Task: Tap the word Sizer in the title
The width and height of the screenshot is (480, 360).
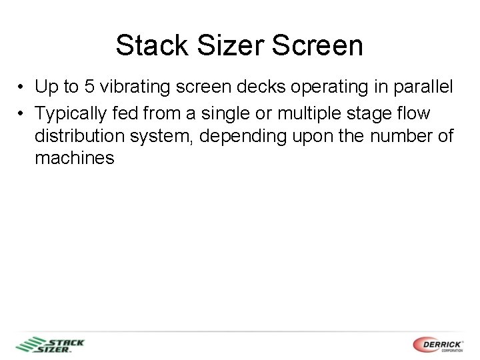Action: coord(224,46)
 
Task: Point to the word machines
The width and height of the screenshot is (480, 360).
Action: coord(75,159)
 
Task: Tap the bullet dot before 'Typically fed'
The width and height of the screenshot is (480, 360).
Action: coord(22,115)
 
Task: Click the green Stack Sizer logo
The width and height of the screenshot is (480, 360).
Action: coord(51,345)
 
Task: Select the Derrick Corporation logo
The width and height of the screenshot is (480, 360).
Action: coord(438,345)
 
